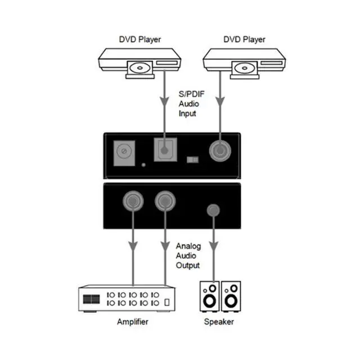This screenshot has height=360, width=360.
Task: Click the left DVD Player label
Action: click(x=139, y=39)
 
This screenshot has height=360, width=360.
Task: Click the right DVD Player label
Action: click(x=244, y=39)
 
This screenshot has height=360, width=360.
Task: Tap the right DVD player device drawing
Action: click(x=242, y=62)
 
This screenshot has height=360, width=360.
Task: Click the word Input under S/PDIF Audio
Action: click(x=188, y=113)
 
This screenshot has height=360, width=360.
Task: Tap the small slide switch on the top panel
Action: click(x=192, y=160)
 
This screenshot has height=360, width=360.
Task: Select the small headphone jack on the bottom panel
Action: click(x=213, y=209)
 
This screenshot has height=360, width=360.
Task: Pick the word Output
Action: click(x=188, y=265)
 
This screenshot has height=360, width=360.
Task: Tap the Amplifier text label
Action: click(x=133, y=322)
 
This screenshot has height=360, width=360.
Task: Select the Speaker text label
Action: click(x=218, y=322)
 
